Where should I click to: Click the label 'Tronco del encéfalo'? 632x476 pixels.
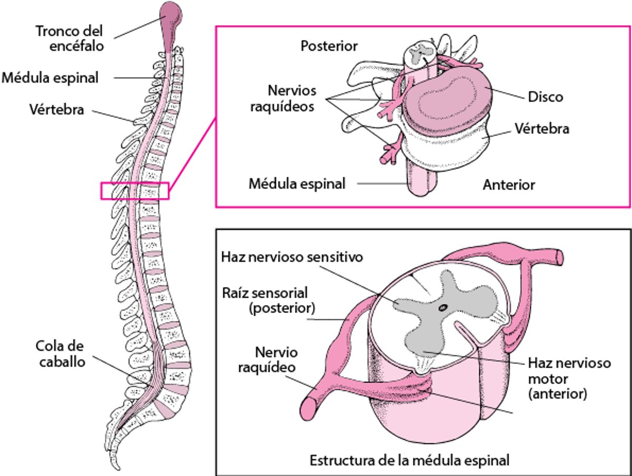coord(70,38)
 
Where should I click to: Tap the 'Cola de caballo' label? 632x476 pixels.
coord(61,354)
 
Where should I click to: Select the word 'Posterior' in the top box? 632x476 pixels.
coord(329,46)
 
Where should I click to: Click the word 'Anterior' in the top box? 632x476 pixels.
coord(509,185)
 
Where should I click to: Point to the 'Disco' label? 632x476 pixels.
coord(545,97)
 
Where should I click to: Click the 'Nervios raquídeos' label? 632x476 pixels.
coord(292,98)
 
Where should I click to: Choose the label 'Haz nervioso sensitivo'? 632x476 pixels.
coord(293,258)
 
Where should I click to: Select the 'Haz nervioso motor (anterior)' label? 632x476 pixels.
coord(569,378)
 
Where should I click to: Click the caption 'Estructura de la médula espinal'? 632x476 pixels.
coord(409,461)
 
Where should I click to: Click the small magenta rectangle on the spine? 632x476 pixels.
coord(135,191)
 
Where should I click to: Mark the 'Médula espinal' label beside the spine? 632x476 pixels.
coord(50,78)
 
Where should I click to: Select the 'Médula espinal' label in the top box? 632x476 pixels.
coord(297,184)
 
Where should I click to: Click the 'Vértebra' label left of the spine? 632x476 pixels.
coord(57,110)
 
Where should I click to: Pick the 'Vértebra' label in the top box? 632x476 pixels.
coord(541,128)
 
